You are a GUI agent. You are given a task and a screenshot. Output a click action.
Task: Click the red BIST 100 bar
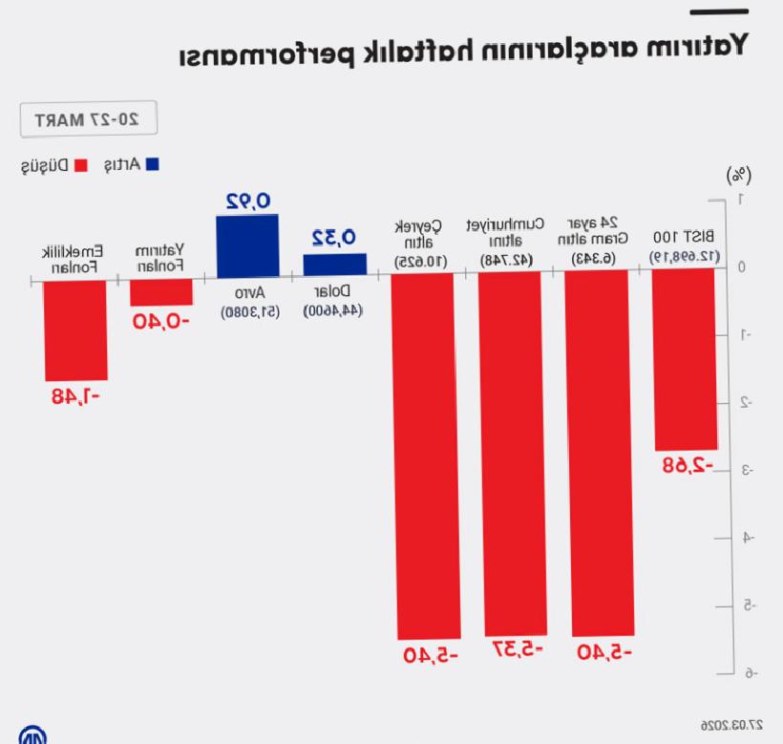(x=685, y=359)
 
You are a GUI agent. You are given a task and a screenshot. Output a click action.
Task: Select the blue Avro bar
(x=247, y=246)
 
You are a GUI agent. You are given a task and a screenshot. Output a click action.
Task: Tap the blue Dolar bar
(x=334, y=265)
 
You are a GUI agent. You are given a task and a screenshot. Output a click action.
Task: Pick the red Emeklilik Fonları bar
(x=75, y=330)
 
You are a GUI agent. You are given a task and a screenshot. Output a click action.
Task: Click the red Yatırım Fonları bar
(x=161, y=292)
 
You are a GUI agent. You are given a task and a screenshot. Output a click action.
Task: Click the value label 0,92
(x=247, y=201)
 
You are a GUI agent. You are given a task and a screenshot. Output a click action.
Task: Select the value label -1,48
(x=75, y=394)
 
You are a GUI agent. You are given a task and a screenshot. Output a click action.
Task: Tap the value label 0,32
(x=334, y=238)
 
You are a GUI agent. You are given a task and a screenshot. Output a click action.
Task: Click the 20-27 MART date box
(x=88, y=119)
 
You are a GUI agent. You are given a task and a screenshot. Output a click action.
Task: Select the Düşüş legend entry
(x=54, y=165)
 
